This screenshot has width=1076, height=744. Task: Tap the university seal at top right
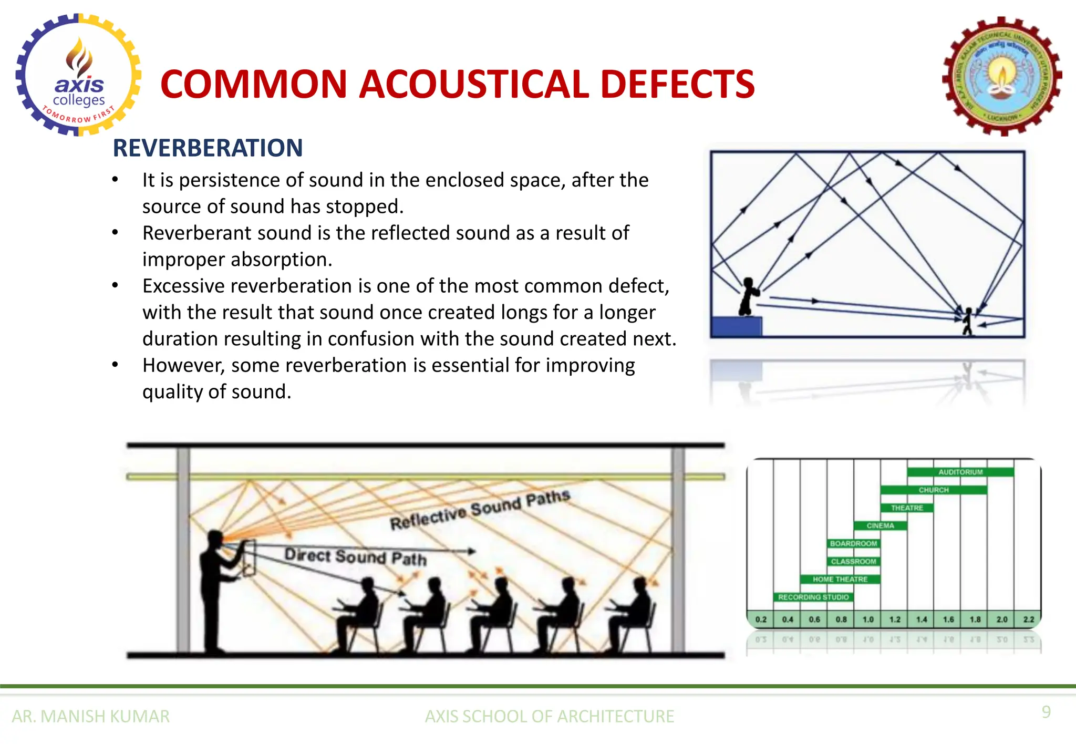click(x=1002, y=77)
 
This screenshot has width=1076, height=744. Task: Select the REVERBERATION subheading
click(x=208, y=148)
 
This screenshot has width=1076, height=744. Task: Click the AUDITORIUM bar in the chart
click(x=960, y=472)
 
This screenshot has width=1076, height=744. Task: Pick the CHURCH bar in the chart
click(x=934, y=490)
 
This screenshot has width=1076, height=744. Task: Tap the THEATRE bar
click(x=907, y=508)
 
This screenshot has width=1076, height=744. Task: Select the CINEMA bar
click(x=880, y=525)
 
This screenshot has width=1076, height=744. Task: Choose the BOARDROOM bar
click(x=853, y=543)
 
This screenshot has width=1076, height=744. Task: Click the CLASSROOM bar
click(x=853, y=561)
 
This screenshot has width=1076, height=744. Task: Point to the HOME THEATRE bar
click(x=840, y=579)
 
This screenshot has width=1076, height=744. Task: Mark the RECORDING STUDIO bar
click(x=813, y=597)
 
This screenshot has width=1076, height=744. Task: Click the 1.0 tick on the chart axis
click(x=868, y=619)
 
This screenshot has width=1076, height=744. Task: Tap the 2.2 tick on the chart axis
click(x=1028, y=619)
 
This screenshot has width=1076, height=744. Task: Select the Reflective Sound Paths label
click(x=479, y=510)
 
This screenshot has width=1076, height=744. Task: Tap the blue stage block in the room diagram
click(x=736, y=326)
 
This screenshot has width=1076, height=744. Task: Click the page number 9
click(x=1046, y=712)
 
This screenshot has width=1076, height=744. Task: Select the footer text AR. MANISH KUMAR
click(x=91, y=716)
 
